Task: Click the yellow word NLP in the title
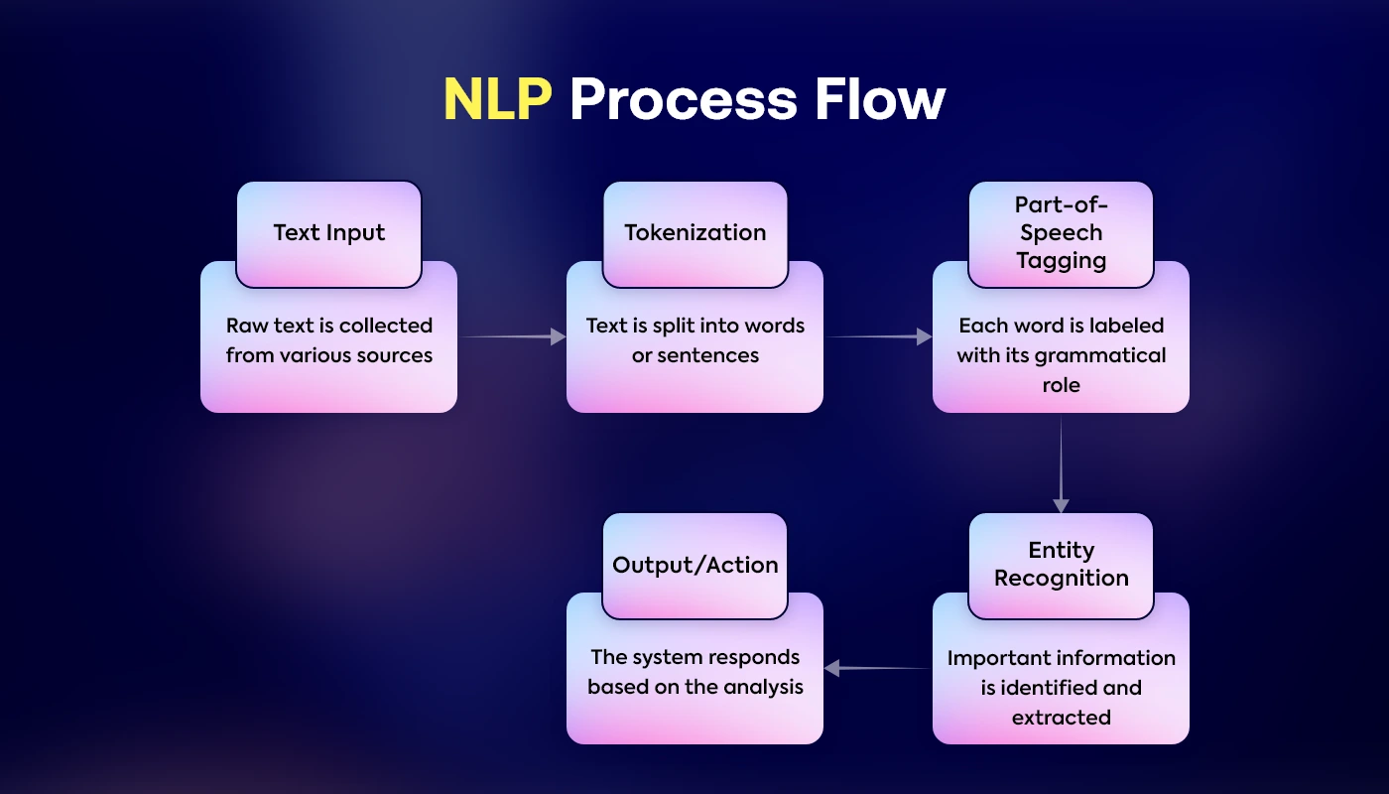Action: (497, 99)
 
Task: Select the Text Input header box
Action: (328, 233)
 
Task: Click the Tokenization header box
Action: (694, 233)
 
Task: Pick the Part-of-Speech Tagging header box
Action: (1061, 233)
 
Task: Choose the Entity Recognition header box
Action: (1061, 565)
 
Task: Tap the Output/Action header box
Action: (694, 565)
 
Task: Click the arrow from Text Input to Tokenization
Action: (512, 337)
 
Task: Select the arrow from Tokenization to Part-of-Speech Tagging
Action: (878, 337)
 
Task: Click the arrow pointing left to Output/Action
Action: (877, 669)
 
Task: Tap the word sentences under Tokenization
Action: (709, 355)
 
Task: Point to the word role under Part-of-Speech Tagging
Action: (1061, 385)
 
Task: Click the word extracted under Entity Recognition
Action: (1061, 717)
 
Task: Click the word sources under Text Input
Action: (394, 355)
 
